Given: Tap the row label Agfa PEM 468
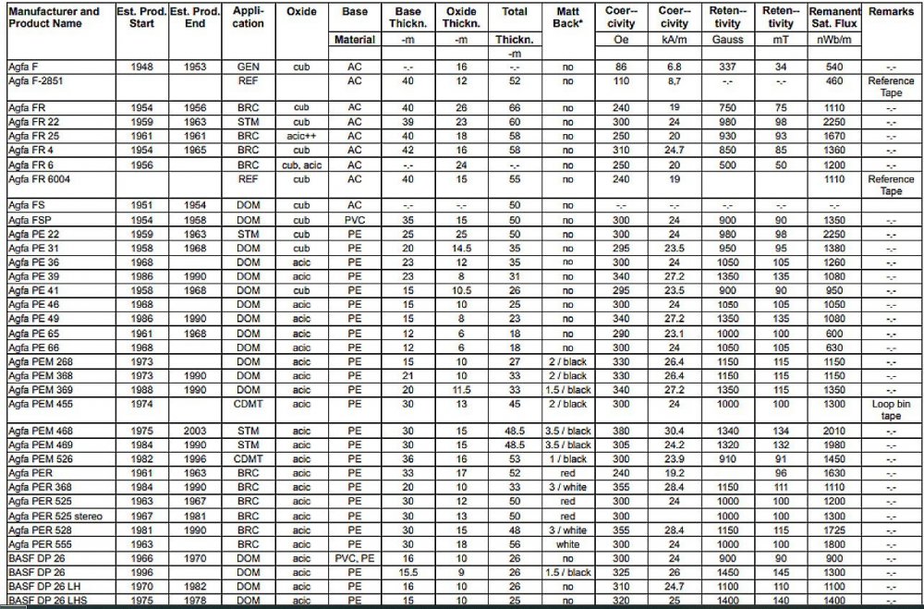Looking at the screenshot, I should coord(41,432).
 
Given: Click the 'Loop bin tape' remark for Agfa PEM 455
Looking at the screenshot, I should coord(891,410).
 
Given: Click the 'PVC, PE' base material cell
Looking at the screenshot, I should coord(355,558).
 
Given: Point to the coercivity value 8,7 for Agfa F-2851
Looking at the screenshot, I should coord(674,81).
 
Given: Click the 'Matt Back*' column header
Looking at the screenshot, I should coord(567,18).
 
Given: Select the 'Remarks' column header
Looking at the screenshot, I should coord(891,12).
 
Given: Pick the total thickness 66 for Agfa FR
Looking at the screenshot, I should coord(515,108).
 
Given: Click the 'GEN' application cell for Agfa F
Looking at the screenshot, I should coord(248,67).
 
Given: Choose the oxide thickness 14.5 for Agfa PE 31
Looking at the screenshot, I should coord(461,249).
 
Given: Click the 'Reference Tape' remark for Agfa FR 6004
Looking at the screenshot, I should coord(891,185).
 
